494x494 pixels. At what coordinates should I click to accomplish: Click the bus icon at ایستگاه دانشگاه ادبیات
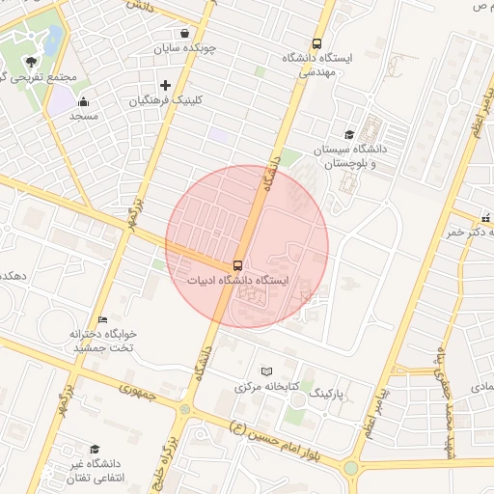tap(236, 264)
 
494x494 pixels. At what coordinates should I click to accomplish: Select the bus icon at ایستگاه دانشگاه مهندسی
tap(317, 43)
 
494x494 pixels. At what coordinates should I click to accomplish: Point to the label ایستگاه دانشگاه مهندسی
tap(319, 64)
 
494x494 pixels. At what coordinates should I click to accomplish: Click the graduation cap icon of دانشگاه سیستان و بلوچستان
tap(348, 135)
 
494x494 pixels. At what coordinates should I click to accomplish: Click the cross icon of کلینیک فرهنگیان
tap(165, 85)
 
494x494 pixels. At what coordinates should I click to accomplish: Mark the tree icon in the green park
tap(32, 61)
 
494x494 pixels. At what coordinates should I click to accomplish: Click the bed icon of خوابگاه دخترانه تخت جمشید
tap(102, 318)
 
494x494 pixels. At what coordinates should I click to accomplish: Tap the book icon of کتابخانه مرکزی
tap(267, 370)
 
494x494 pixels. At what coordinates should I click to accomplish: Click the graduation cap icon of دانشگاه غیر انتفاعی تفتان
tap(95, 450)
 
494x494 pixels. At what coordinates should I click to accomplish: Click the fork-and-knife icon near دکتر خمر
tap(485, 218)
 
